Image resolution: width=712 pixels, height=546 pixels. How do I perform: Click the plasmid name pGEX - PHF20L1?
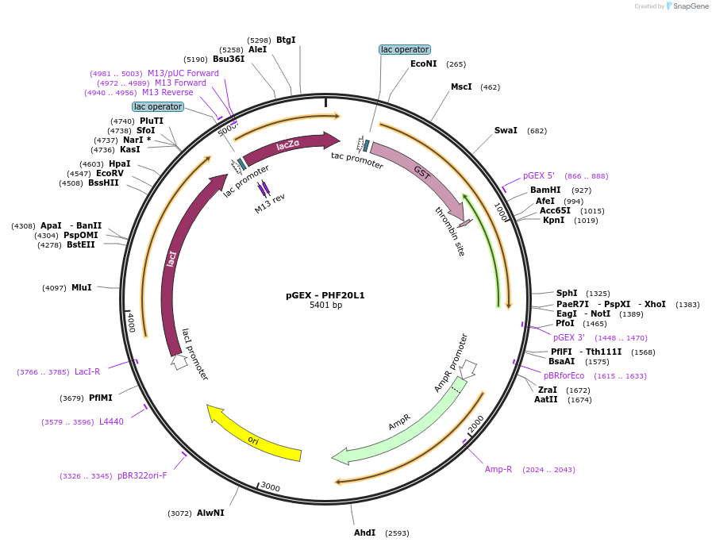(325, 295)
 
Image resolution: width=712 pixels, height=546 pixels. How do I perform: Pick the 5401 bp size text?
(325, 305)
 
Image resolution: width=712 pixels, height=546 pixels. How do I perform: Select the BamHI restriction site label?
(545, 190)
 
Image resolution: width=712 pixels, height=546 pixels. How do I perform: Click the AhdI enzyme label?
(364, 533)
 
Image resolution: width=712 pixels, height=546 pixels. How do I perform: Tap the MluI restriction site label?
(82, 287)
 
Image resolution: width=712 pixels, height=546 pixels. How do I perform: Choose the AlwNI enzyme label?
(210, 513)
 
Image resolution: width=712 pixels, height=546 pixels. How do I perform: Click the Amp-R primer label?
(498, 469)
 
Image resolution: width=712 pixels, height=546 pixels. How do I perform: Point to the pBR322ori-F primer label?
(142, 475)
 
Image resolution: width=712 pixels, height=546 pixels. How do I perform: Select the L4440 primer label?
(111, 421)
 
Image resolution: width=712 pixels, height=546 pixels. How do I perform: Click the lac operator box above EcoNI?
(405, 49)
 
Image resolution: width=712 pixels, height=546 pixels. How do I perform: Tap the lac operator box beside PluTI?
(158, 106)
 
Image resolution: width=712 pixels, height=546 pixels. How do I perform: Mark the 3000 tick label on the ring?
(271, 486)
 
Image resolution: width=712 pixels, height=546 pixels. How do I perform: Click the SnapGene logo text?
(691, 6)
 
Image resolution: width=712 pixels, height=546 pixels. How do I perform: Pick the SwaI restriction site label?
(506, 130)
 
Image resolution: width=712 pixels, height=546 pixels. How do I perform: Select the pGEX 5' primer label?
(538, 175)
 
